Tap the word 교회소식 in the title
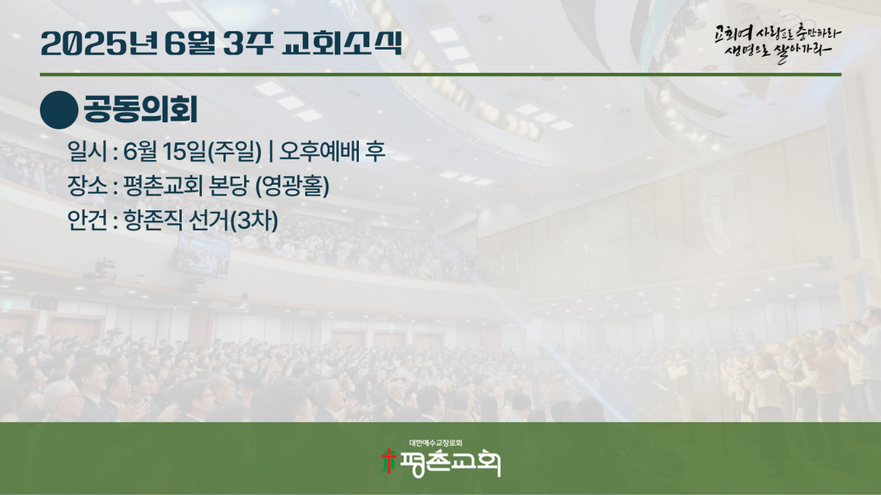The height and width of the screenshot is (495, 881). (342, 43)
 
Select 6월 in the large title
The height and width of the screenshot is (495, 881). (190, 43)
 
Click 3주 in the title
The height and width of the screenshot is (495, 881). (247, 43)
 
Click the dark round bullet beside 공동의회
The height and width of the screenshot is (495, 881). (59, 110)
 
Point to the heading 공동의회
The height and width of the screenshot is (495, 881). (140, 110)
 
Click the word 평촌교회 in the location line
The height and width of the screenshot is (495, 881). (163, 186)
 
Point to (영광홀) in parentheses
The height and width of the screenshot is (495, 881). (292, 186)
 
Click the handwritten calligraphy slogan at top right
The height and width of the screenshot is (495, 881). (778, 42)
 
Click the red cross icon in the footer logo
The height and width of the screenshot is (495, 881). (388, 461)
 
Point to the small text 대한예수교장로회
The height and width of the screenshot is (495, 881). (436, 443)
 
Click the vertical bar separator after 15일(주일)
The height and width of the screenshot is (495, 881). (271, 151)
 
